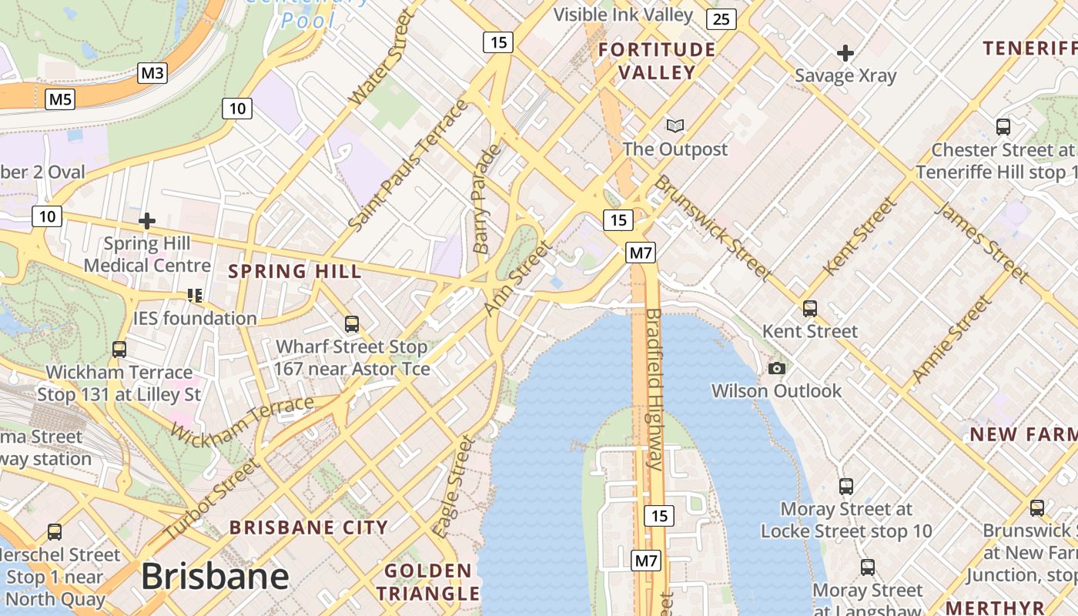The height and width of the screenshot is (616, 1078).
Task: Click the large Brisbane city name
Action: coord(215,576)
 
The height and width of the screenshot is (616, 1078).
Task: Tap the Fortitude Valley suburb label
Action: coord(657,62)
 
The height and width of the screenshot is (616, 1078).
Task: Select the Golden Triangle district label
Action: coord(428,582)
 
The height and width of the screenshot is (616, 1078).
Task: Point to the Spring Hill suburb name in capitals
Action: coord(295,271)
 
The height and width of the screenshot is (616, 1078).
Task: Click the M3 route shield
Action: coord(152,73)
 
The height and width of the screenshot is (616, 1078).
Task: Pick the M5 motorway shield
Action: coord(60,99)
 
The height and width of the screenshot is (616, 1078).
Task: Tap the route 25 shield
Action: coord(721,19)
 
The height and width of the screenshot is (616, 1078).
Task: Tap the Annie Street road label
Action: coord(951,340)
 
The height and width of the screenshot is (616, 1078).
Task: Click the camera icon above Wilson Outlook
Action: coord(777,369)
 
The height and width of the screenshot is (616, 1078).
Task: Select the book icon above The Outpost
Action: coord(675,126)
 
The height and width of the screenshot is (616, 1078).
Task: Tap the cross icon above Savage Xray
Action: coord(845,53)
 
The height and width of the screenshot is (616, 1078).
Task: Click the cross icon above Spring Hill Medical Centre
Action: coord(147,221)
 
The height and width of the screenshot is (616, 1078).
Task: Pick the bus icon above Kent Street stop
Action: coord(809,309)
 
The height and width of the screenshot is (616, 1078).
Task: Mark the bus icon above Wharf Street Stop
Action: coord(352,324)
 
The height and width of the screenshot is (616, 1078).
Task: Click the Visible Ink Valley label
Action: coord(624,14)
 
